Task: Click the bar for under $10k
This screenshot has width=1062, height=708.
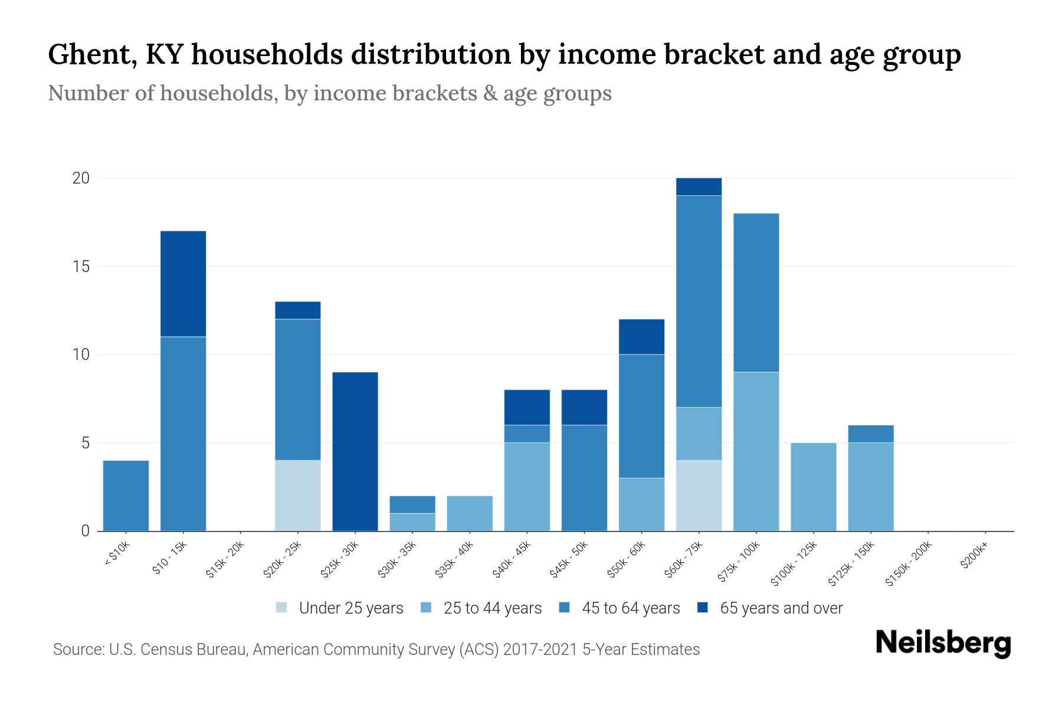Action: pos(126,496)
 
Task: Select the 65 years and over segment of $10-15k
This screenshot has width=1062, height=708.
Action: pos(183,283)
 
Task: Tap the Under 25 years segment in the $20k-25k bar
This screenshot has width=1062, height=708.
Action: pos(298,496)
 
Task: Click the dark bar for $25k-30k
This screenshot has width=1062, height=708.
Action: pos(355,451)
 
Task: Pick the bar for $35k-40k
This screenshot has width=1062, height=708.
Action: pos(470,513)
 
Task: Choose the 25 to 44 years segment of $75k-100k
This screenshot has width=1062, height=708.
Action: pos(756,451)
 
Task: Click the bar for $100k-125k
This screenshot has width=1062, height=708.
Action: pos(813,487)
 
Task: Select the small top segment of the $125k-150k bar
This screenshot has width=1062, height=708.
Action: pos(871,434)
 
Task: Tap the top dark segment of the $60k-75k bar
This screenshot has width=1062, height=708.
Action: pos(699,186)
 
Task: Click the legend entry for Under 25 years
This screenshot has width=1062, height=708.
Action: pos(340,608)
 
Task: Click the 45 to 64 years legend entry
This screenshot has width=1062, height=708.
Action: pos(619,608)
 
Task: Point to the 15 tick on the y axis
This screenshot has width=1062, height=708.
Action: pos(80,266)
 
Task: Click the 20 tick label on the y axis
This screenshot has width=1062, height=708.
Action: pos(80,178)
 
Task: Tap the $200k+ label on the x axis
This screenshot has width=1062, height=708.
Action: pos(973,557)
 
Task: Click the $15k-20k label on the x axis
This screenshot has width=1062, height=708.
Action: pos(224,560)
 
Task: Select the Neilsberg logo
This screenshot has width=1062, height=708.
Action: pos(943,643)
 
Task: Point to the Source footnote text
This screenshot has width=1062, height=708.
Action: pos(376,650)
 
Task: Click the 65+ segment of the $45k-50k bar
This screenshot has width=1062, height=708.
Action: pos(584,407)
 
